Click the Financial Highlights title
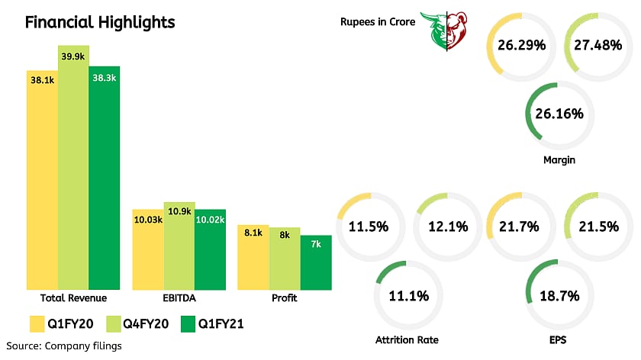(x=100, y=21)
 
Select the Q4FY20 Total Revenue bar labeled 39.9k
(x=73, y=168)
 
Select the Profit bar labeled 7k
(x=315, y=263)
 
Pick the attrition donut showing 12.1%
(x=449, y=227)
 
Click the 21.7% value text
(x=522, y=227)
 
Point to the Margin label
(x=559, y=160)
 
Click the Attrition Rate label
(x=407, y=339)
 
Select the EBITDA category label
(x=179, y=297)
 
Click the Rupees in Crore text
(x=378, y=22)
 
